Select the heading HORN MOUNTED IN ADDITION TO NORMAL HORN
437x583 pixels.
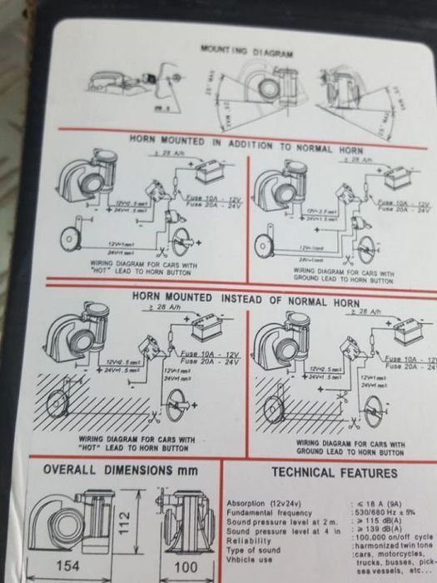(x=241, y=142)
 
